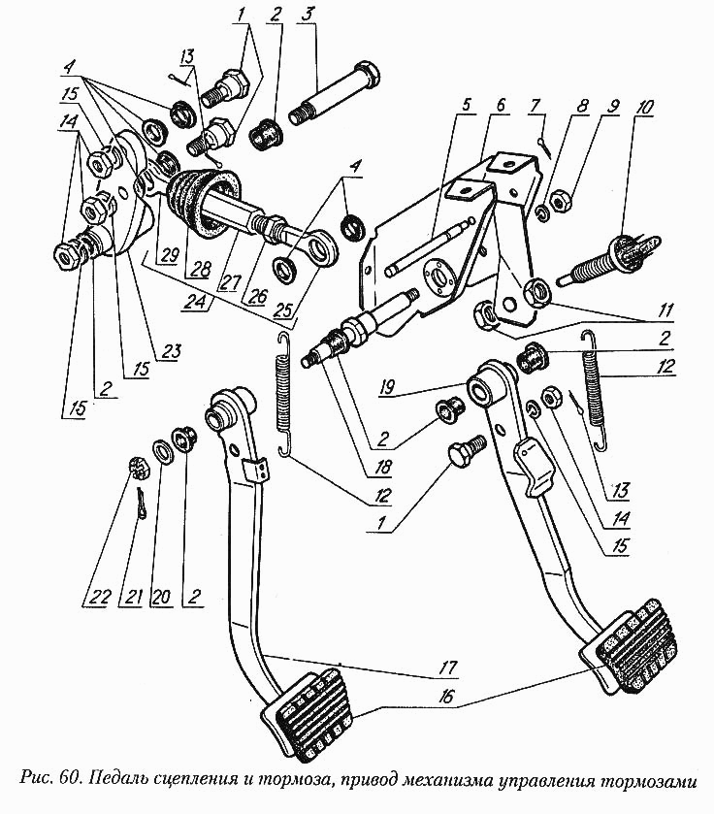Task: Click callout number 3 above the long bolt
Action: (x=308, y=15)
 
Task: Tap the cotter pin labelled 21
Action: (x=142, y=503)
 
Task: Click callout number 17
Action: (x=449, y=667)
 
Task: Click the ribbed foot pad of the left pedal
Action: (x=310, y=714)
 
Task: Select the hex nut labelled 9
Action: (x=560, y=201)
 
